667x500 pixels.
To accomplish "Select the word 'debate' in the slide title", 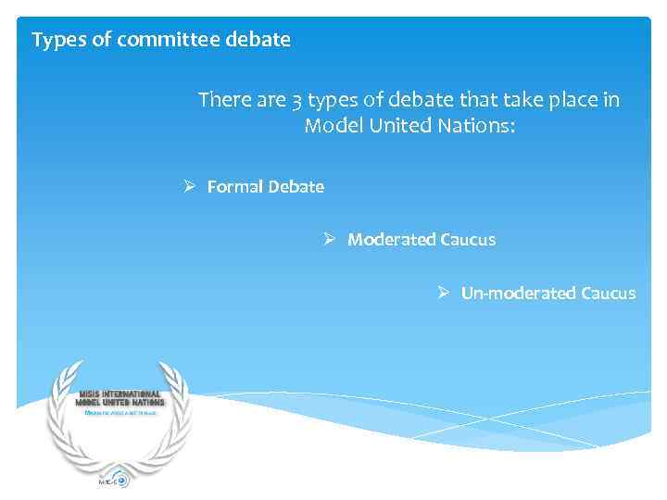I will tap(259, 40).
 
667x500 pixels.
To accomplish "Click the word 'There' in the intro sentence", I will tap(222, 100).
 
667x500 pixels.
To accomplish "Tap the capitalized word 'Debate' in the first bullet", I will tap(296, 186).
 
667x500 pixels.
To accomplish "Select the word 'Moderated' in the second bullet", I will tap(384, 239).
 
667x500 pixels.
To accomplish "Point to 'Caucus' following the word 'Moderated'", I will tap(468, 239).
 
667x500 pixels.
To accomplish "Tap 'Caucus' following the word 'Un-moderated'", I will tap(609, 293).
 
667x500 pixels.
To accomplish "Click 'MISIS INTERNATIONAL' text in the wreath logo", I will tap(120, 394).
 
